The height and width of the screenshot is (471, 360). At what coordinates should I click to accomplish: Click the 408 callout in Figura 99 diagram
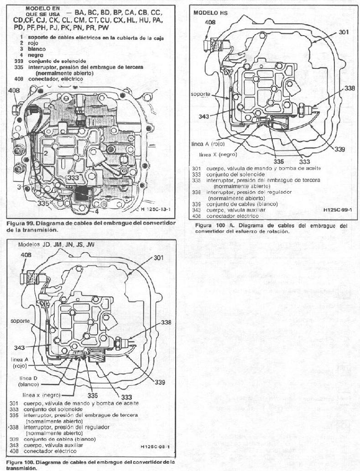pos(14,91)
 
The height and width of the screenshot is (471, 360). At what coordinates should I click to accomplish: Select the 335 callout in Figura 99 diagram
pos(43,203)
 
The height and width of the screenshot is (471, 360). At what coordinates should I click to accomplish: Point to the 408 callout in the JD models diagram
pos(26,255)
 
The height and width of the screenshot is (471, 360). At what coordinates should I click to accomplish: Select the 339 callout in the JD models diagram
pos(158,382)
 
